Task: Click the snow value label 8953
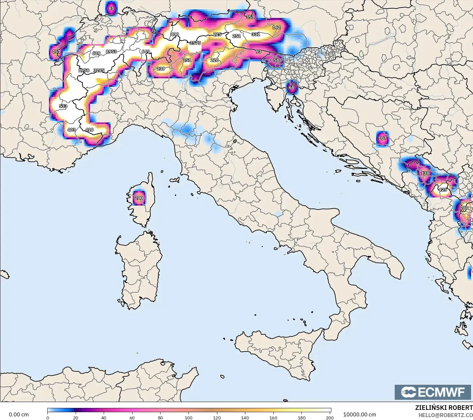coord(111,52)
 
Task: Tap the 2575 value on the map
coord(195,43)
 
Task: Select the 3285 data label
coord(99,70)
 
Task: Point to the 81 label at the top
coord(112,8)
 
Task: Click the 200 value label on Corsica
coord(139,198)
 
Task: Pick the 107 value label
coord(382,138)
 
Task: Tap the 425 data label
coord(443,190)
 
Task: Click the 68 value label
coord(292,87)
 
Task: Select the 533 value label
coord(63,106)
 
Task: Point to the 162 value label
coord(276,27)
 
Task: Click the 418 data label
coord(89,130)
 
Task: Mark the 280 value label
coord(464,208)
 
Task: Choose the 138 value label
coord(425,173)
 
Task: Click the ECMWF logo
coord(433,392)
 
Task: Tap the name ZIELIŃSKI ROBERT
coord(444,408)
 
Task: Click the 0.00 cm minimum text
coord(19,414)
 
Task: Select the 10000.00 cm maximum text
coord(359,414)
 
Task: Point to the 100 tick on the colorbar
coord(189,417)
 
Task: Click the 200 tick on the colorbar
coord(330,417)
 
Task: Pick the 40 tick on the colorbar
coord(104,417)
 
